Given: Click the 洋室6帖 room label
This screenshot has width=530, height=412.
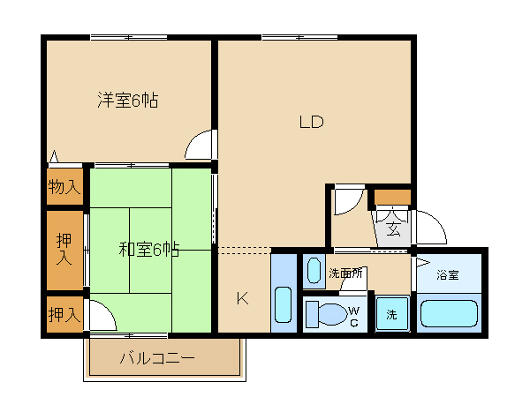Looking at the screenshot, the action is pos(128,101).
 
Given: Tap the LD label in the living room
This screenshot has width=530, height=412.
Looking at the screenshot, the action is pos(311,122).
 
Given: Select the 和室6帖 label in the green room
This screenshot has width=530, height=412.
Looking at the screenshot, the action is pos(148,250).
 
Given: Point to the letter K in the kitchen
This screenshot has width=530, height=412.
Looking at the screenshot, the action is pos(242,298).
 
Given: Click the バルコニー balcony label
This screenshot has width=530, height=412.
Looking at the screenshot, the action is pos(157,358).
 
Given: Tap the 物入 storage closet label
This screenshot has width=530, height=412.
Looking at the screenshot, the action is pos(64,186).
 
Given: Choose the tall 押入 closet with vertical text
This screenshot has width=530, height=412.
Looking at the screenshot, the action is pos(64,250).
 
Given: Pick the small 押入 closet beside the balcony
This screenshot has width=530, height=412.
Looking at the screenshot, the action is pos(64,314).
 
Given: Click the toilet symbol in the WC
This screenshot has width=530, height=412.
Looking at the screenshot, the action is pos(327,314).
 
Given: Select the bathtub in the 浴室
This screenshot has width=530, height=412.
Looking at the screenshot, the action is pos(449,314).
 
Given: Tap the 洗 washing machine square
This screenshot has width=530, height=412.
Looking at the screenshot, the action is pos(392,313).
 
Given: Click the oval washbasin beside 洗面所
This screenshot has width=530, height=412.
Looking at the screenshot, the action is pos(314,271).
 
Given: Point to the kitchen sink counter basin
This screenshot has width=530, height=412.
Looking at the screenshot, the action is pos(284,304).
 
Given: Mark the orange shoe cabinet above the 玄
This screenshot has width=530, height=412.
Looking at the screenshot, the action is pos(392,197).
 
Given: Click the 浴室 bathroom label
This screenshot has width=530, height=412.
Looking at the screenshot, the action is pos(448,275).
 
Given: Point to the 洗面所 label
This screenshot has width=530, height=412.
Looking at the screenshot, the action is pos(345,273).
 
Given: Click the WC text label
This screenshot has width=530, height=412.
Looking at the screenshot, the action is pos(354,317).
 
